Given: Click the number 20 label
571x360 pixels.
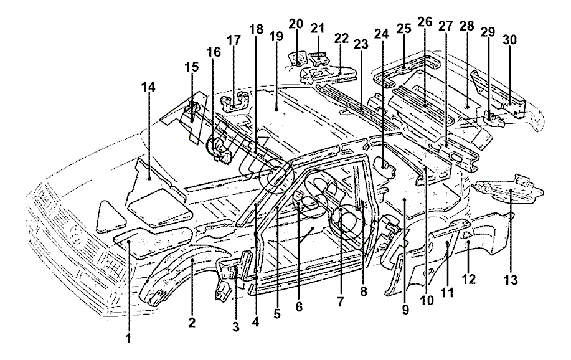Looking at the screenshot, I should pyautogui.click(x=296, y=24).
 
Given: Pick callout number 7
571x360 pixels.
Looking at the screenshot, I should pyautogui.click(x=341, y=301).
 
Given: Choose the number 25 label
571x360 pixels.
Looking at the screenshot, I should pyautogui.click(x=403, y=29).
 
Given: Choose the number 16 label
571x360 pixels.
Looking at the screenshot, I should pyautogui.click(x=214, y=52).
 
